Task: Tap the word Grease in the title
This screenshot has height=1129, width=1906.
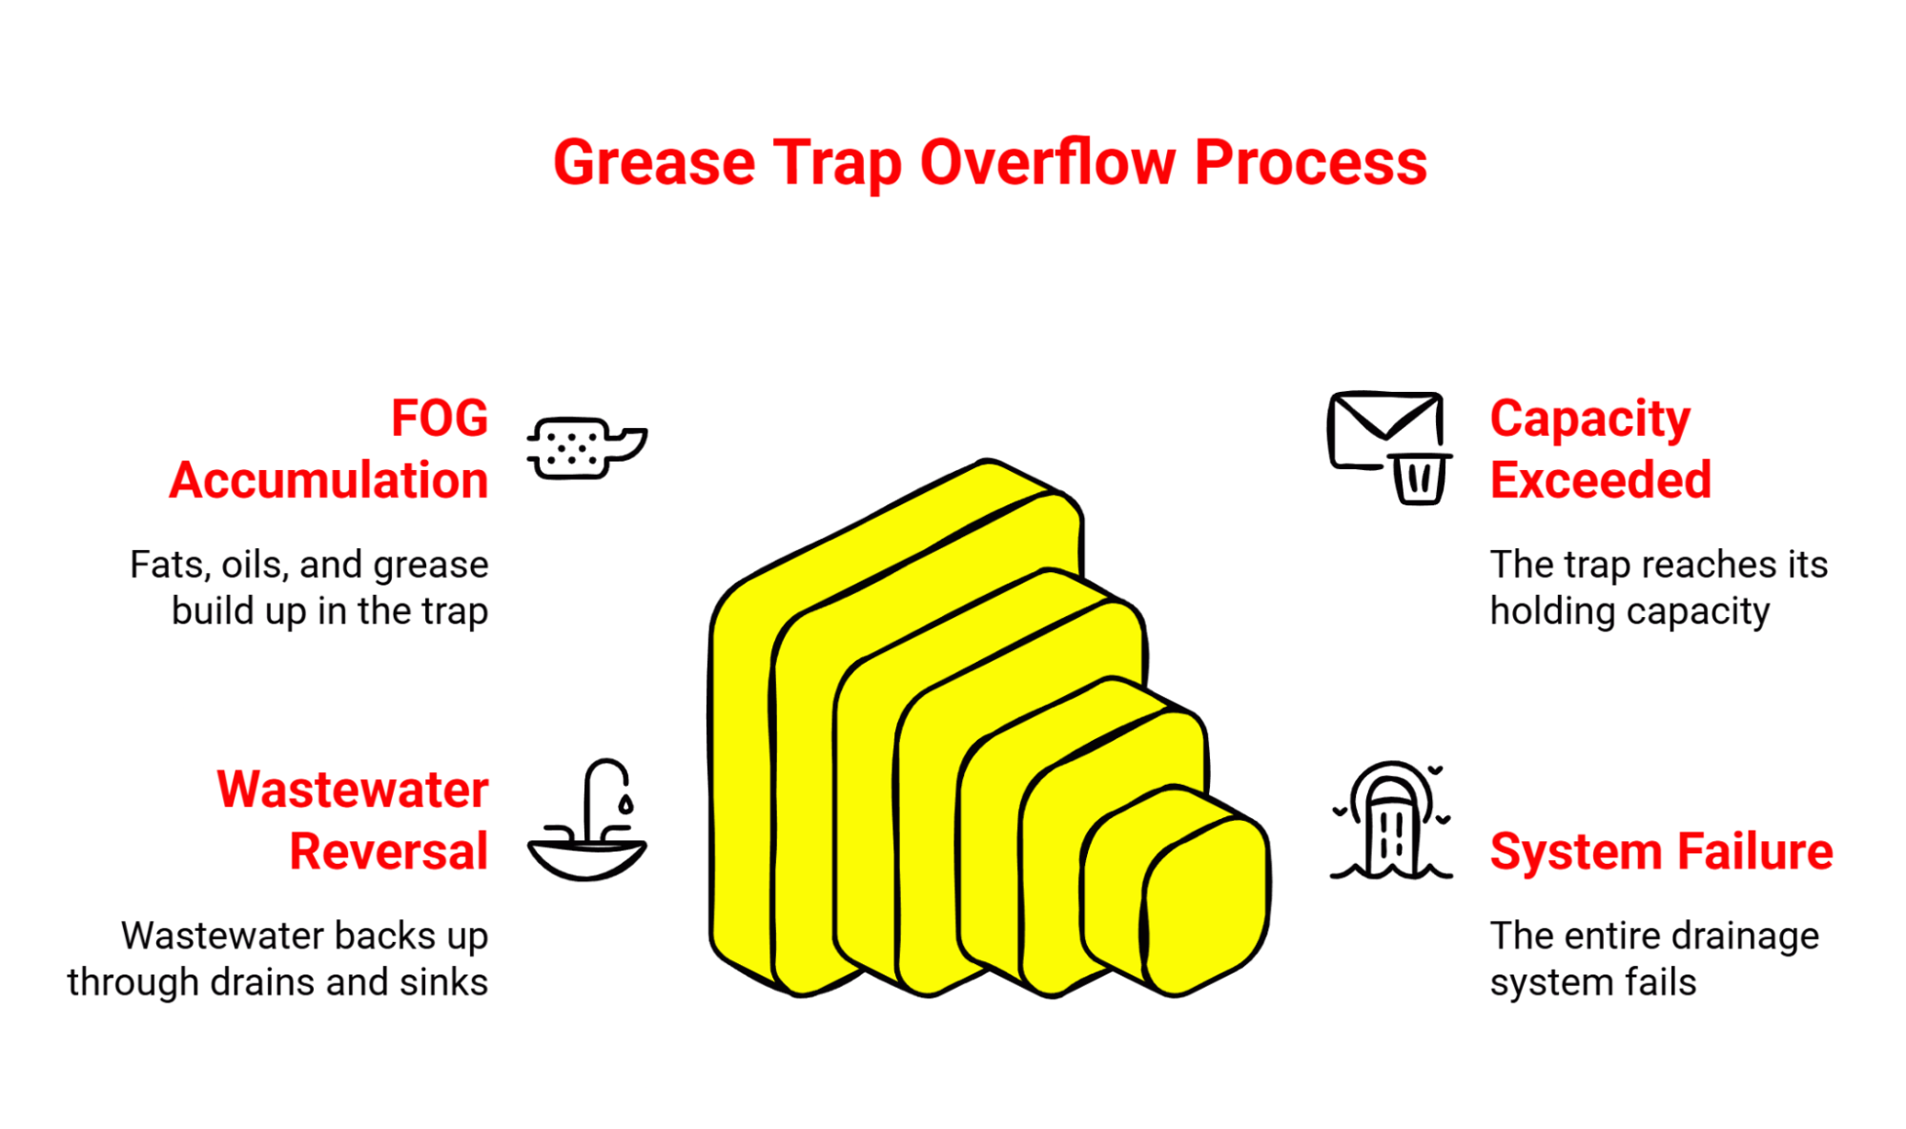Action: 654,162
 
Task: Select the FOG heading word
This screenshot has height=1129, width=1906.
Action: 440,418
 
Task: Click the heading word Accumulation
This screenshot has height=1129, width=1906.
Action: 329,480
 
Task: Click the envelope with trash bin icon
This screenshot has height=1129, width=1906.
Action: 1389,445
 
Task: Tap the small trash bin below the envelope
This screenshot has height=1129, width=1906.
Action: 1420,479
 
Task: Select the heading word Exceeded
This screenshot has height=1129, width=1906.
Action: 1600,480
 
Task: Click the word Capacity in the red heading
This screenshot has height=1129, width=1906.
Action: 1589,418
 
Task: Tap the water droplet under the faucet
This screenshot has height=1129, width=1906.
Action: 625,804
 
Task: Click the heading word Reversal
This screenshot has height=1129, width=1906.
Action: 388,851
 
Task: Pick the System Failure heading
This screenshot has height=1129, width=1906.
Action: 1661,851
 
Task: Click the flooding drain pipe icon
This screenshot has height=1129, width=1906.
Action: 1391,822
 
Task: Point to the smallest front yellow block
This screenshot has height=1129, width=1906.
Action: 1207,906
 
